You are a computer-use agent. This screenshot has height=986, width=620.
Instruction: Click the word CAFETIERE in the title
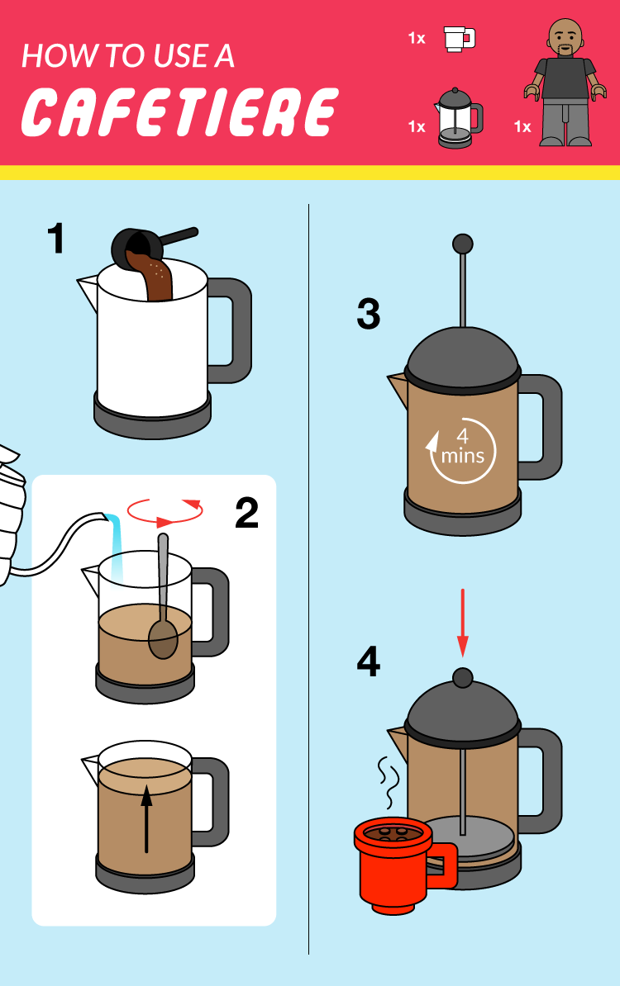(x=180, y=112)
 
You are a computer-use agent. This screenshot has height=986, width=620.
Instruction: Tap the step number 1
(x=56, y=239)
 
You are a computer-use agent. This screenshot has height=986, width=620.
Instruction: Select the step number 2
(x=246, y=513)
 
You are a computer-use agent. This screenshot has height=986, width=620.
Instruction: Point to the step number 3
(x=368, y=315)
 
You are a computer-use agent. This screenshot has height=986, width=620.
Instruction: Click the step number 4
(x=368, y=661)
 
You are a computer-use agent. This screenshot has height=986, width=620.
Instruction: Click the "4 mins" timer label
(x=463, y=447)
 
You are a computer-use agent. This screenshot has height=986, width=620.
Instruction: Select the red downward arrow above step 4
(x=463, y=623)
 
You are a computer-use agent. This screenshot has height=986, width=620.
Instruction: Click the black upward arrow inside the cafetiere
(x=146, y=818)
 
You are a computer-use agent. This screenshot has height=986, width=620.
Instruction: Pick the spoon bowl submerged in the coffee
(x=163, y=639)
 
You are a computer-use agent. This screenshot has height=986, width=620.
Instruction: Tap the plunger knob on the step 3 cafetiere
(x=463, y=244)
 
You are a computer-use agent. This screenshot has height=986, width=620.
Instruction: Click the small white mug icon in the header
(x=459, y=39)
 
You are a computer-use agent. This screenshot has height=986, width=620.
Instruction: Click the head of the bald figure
(x=565, y=38)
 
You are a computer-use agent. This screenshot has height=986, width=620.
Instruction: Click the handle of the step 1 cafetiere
(x=231, y=331)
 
